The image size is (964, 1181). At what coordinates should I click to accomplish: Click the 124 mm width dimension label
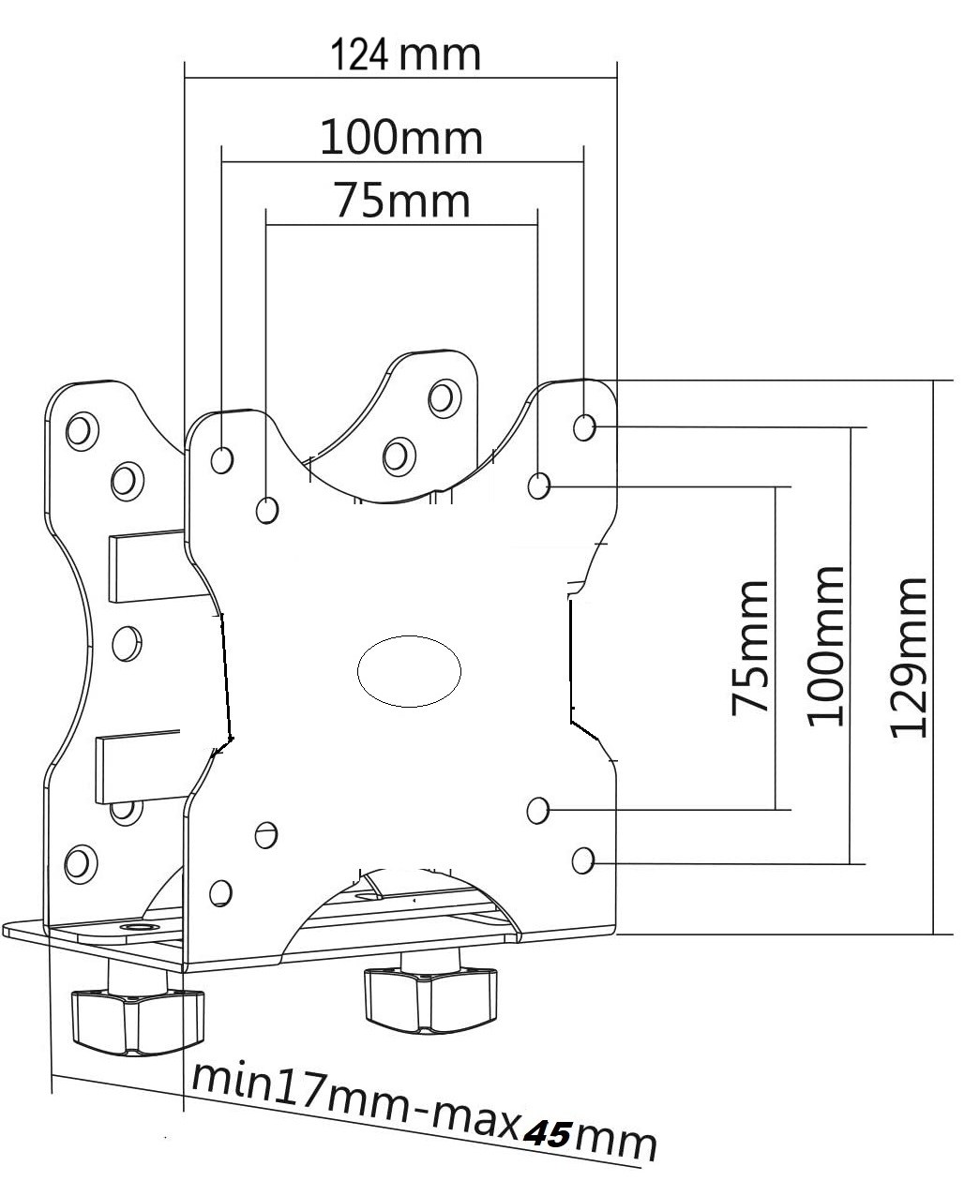point(405,56)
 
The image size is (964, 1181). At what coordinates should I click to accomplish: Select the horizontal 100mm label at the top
point(401,138)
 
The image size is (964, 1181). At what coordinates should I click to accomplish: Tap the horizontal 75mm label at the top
point(402,202)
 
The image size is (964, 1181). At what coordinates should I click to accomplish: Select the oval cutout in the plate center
point(410,670)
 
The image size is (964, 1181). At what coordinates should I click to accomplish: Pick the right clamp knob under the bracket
point(429,996)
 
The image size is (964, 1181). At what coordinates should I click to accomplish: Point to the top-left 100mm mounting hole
point(222,459)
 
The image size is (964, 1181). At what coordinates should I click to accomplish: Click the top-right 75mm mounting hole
point(538,486)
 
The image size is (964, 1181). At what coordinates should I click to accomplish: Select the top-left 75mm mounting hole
point(267,510)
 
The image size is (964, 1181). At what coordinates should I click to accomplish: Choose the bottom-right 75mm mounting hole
point(537,809)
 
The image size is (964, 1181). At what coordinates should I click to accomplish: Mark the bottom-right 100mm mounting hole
point(583,859)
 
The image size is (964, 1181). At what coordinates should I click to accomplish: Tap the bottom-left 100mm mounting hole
point(221,891)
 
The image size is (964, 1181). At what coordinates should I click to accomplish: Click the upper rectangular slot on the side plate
point(148,567)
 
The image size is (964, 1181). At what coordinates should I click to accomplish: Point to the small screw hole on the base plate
point(137,928)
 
